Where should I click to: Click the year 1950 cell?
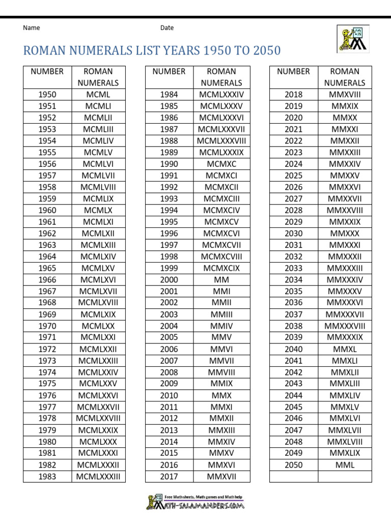(x=47, y=94)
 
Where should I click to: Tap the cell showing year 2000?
(x=169, y=280)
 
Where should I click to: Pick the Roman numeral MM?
(x=221, y=280)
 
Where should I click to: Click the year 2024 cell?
(x=293, y=164)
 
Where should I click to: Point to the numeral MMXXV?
(x=345, y=176)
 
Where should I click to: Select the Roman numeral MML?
(x=345, y=465)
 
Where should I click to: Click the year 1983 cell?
(x=47, y=476)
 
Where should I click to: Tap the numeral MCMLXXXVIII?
(x=221, y=141)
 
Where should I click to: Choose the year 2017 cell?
(x=169, y=476)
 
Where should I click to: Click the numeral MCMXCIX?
(x=221, y=268)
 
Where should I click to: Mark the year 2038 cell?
(x=293, y=326)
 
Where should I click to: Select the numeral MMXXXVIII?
(x=345, y=326)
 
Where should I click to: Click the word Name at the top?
(x=32, y=28)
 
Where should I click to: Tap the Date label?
(x=167, y=28)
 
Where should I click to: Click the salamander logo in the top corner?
(x=352, y=39)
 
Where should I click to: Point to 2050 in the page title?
(x=265, y=51)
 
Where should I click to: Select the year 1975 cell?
(x=47, y=384)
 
